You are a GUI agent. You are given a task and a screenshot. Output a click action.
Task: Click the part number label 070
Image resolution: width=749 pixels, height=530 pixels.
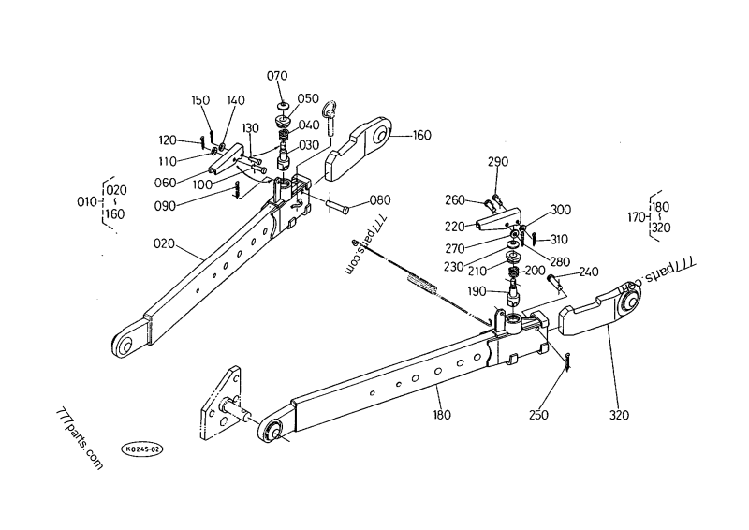[277, 76]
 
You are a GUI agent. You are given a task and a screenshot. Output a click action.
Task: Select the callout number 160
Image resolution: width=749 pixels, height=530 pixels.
[421, 135]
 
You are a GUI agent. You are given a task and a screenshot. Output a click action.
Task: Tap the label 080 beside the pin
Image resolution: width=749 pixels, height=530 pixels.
[380, 200]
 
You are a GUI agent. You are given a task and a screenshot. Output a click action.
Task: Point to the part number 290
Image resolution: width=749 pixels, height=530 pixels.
[498, 162]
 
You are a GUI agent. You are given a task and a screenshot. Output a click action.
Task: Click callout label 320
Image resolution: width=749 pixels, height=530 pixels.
[619, 415]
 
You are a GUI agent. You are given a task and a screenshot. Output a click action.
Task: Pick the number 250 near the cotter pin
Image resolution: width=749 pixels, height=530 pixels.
[538, 415]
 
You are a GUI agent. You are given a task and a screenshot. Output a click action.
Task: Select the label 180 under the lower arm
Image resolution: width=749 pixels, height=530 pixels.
[442, 415]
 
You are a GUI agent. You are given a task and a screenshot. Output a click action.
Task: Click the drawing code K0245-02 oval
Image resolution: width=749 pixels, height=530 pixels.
[142, 449]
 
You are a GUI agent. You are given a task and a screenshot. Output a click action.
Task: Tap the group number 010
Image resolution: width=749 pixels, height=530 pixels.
[87, 202]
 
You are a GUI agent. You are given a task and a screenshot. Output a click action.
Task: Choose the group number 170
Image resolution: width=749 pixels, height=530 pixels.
[638, 218]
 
